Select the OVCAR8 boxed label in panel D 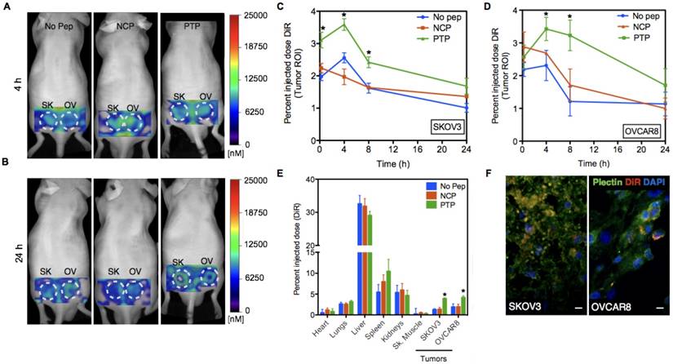(x=642, y=130)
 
